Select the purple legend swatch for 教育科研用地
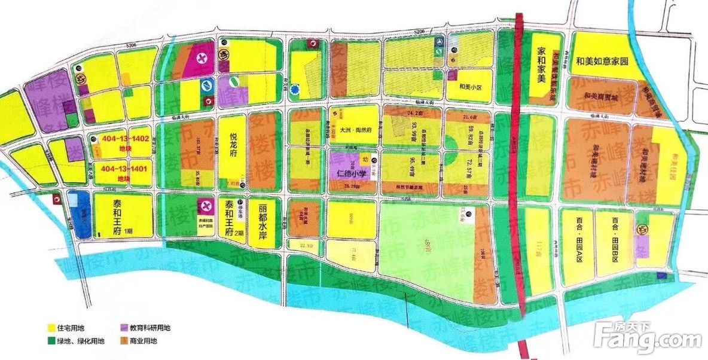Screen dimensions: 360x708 124,328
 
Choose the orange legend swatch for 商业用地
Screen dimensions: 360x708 124,341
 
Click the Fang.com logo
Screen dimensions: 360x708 649,338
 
